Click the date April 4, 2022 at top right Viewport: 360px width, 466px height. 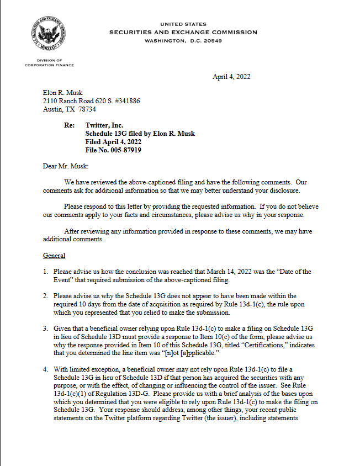231,77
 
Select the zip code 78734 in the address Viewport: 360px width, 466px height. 87,109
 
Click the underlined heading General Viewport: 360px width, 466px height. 54,256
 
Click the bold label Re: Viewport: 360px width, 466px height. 70,125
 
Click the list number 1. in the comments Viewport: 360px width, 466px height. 46,271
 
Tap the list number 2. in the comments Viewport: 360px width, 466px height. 46,296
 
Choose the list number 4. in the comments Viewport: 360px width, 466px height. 46,369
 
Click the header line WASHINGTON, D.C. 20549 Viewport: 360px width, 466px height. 183,41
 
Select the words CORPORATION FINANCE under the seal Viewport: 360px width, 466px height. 49,65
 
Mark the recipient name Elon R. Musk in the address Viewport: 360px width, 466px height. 62,93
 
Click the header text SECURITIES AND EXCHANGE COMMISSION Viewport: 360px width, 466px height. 183,32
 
